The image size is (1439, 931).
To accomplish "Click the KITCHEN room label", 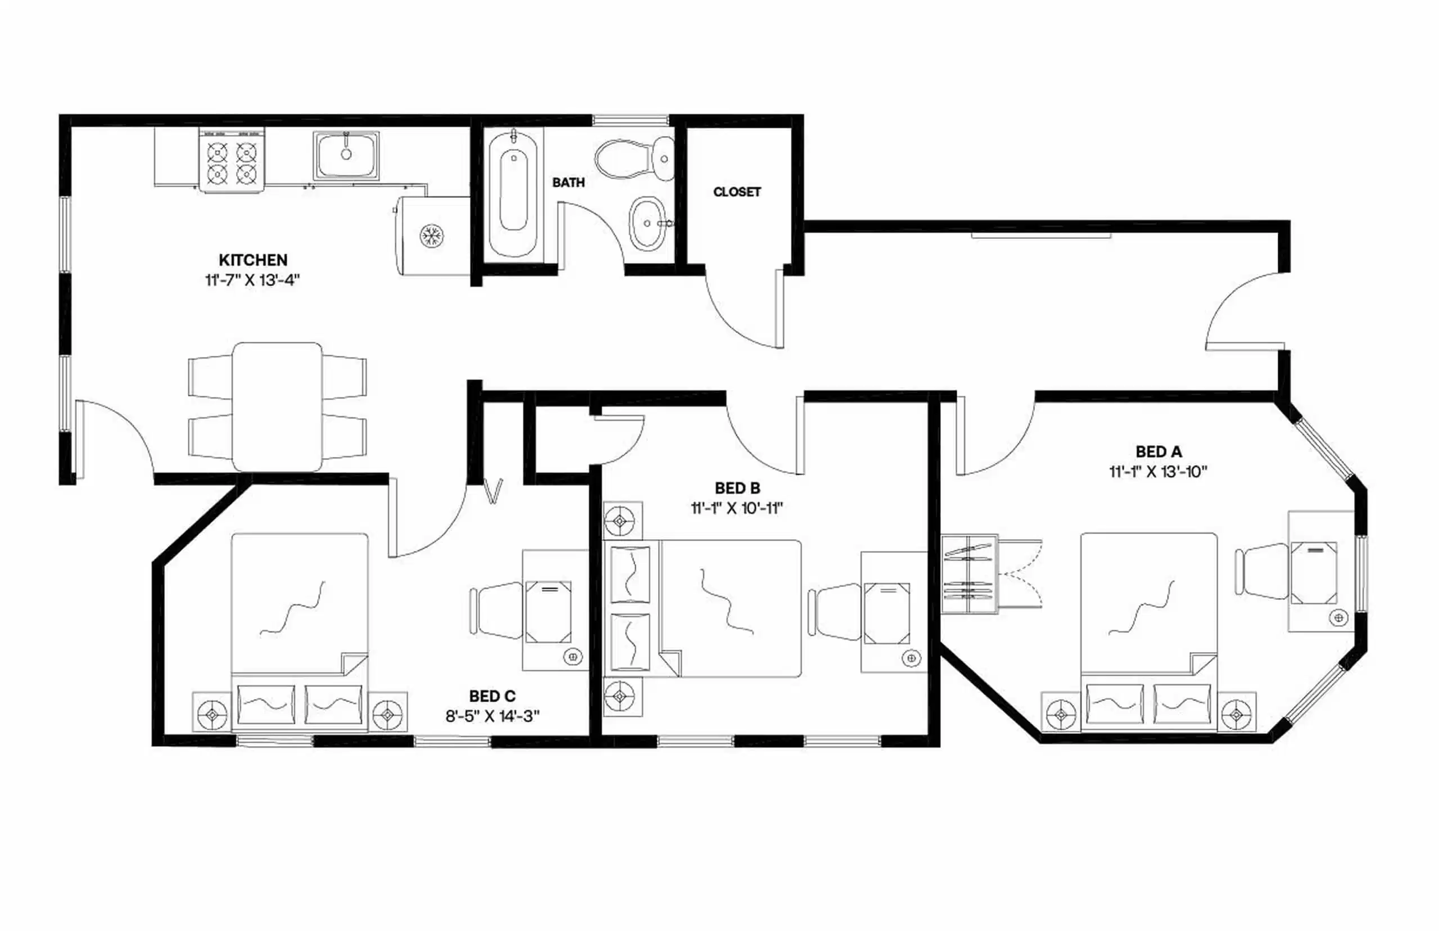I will (x=252, y=260).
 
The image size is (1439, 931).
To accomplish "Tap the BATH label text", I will (x=568, y=182).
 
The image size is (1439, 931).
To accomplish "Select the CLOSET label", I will (x=737, y=192).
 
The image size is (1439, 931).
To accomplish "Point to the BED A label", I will (x=1158, y=451).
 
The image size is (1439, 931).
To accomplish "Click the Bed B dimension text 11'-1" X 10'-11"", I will (x=737, y=508).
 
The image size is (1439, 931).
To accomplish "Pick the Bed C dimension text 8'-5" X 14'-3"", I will (x=492, y=716).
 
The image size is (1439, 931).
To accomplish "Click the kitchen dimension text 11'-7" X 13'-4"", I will (x=252, y=281).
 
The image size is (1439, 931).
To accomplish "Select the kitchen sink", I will (x=346, y=155).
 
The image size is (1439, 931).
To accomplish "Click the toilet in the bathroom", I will (x=635, y=159).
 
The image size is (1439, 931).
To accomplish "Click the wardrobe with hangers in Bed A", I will (x=970, y=573).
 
